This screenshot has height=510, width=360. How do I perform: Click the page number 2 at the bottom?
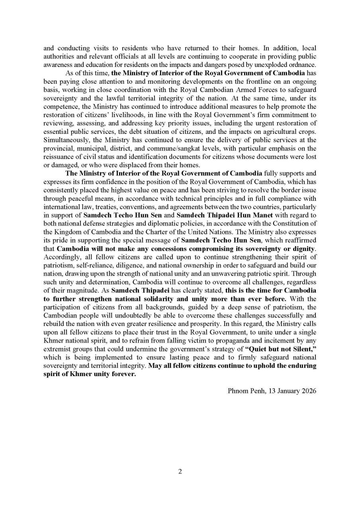coord(180,472)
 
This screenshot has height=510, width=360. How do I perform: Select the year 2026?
coord(309,390)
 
